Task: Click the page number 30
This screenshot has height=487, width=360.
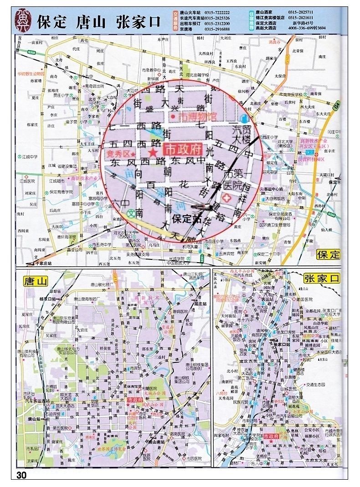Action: [21, 475]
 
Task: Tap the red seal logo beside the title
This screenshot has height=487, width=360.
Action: [22, 21]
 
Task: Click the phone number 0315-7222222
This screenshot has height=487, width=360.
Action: [217, 13]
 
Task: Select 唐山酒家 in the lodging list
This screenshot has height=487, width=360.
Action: [265, 13]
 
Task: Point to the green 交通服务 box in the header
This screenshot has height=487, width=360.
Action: [176, 21]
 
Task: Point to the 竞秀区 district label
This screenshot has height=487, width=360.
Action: [118, 154]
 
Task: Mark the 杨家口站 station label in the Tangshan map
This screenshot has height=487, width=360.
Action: [47, 299]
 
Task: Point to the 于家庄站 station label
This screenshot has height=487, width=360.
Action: [42, 264]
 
